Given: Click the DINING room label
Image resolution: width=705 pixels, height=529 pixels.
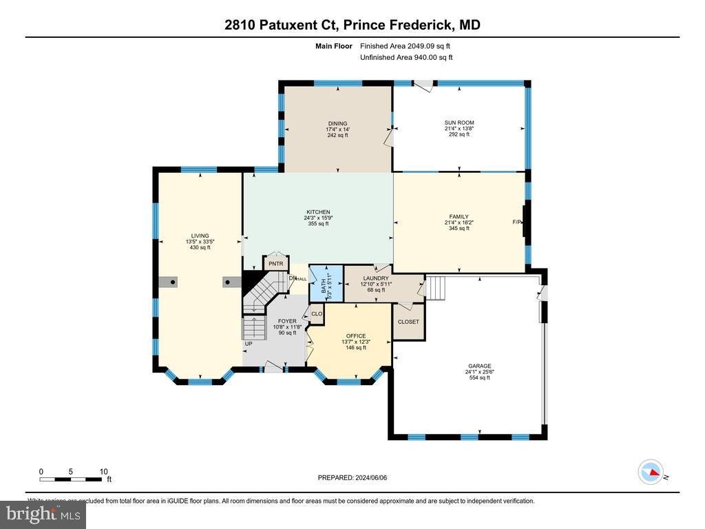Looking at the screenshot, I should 337,124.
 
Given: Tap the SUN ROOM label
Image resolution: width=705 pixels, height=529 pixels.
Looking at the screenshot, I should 459,123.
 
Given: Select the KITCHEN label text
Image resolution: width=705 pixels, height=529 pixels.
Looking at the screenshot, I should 318,212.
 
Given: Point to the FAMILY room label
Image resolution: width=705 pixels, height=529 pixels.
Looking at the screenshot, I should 459,217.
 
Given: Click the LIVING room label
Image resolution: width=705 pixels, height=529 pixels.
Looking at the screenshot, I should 200,236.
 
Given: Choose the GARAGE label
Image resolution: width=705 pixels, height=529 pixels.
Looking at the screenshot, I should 479,366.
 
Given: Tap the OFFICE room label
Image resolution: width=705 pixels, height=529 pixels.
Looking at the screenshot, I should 356,336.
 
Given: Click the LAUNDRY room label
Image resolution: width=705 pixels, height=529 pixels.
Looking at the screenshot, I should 376,278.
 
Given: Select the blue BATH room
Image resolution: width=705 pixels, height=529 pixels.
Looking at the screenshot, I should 326,282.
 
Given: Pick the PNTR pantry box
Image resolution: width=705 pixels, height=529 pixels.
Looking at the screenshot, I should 275,264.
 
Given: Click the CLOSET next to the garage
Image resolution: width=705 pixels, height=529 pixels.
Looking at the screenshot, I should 408,322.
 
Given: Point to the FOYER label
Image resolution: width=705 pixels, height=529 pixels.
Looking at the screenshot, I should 287,321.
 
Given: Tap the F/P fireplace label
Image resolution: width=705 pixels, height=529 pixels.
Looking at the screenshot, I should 517,222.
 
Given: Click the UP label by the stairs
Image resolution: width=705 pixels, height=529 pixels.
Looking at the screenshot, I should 248,343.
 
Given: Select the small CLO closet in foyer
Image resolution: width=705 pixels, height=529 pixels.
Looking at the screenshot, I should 317,314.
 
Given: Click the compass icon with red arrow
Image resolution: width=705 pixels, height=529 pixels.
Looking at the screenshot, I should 651,473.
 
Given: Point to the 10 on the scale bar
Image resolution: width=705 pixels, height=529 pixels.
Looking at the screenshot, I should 103,472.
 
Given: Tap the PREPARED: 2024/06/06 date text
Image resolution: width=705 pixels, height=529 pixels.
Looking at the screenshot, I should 357,477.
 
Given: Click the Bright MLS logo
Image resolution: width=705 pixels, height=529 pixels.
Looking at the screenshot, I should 43,514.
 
